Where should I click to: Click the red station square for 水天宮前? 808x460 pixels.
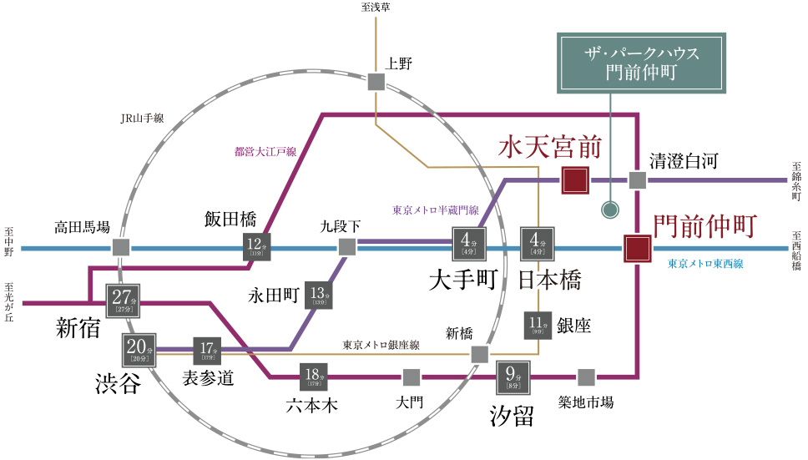575,180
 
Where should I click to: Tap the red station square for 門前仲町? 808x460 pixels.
637,248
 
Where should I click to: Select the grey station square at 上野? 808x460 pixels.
376,82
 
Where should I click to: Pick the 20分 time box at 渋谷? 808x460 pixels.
139,348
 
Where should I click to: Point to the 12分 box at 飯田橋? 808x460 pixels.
255,247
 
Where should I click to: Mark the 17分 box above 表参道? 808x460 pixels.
207,349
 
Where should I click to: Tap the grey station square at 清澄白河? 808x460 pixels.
637,180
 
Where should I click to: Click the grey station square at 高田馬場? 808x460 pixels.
122,248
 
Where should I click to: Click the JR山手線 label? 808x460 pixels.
141,119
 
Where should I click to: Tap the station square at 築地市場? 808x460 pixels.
586,377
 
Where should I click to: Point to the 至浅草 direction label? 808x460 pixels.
376,8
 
